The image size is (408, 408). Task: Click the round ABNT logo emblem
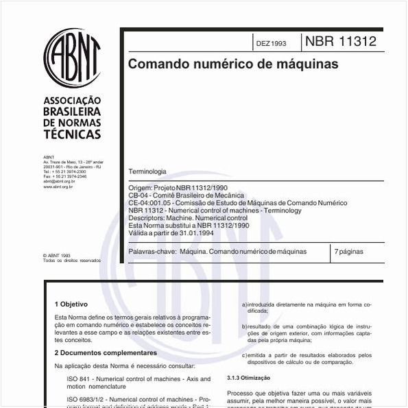tap(72, 58)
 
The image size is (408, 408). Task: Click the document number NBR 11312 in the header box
tap(341, 42)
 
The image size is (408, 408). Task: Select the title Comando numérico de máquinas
tap(233, 64)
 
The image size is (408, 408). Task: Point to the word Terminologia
tap(147, 171)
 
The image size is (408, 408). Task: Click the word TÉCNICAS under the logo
tap(72, 134)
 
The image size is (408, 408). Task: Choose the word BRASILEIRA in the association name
tap(72, 111)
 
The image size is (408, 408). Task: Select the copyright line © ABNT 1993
tap(56, 256)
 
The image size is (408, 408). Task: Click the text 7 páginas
tap(349, 252)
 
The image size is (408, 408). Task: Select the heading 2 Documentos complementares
tap(106, 352)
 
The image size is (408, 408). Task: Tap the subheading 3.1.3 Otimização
tap(248, 378)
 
